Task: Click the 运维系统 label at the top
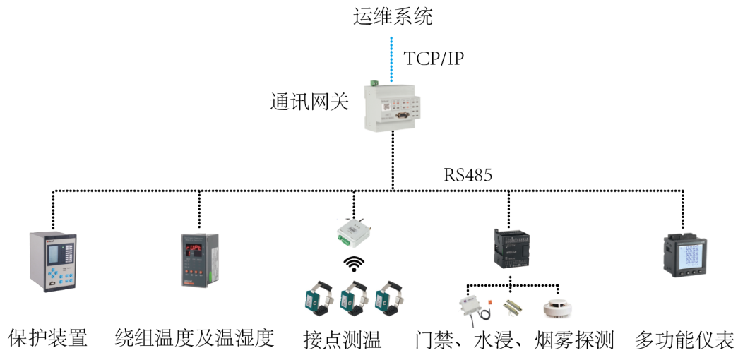point(393,16)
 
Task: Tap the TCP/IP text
point(434,58)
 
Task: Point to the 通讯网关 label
point(309,102)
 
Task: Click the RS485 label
point(468,175)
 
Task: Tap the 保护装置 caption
point(48,338)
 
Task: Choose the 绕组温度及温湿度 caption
point(194,338)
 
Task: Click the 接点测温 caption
point(342,340)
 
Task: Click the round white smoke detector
point(557,308)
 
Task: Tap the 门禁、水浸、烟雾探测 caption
point(515,340)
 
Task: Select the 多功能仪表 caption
point(684,340)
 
